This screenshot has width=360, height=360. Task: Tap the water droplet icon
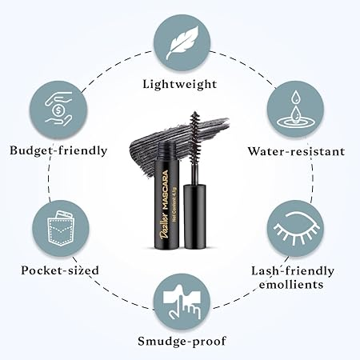(x=293, y=109)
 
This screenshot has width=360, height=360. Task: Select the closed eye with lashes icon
(x=294, y=226)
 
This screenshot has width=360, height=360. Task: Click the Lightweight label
(x=179, y=83)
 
